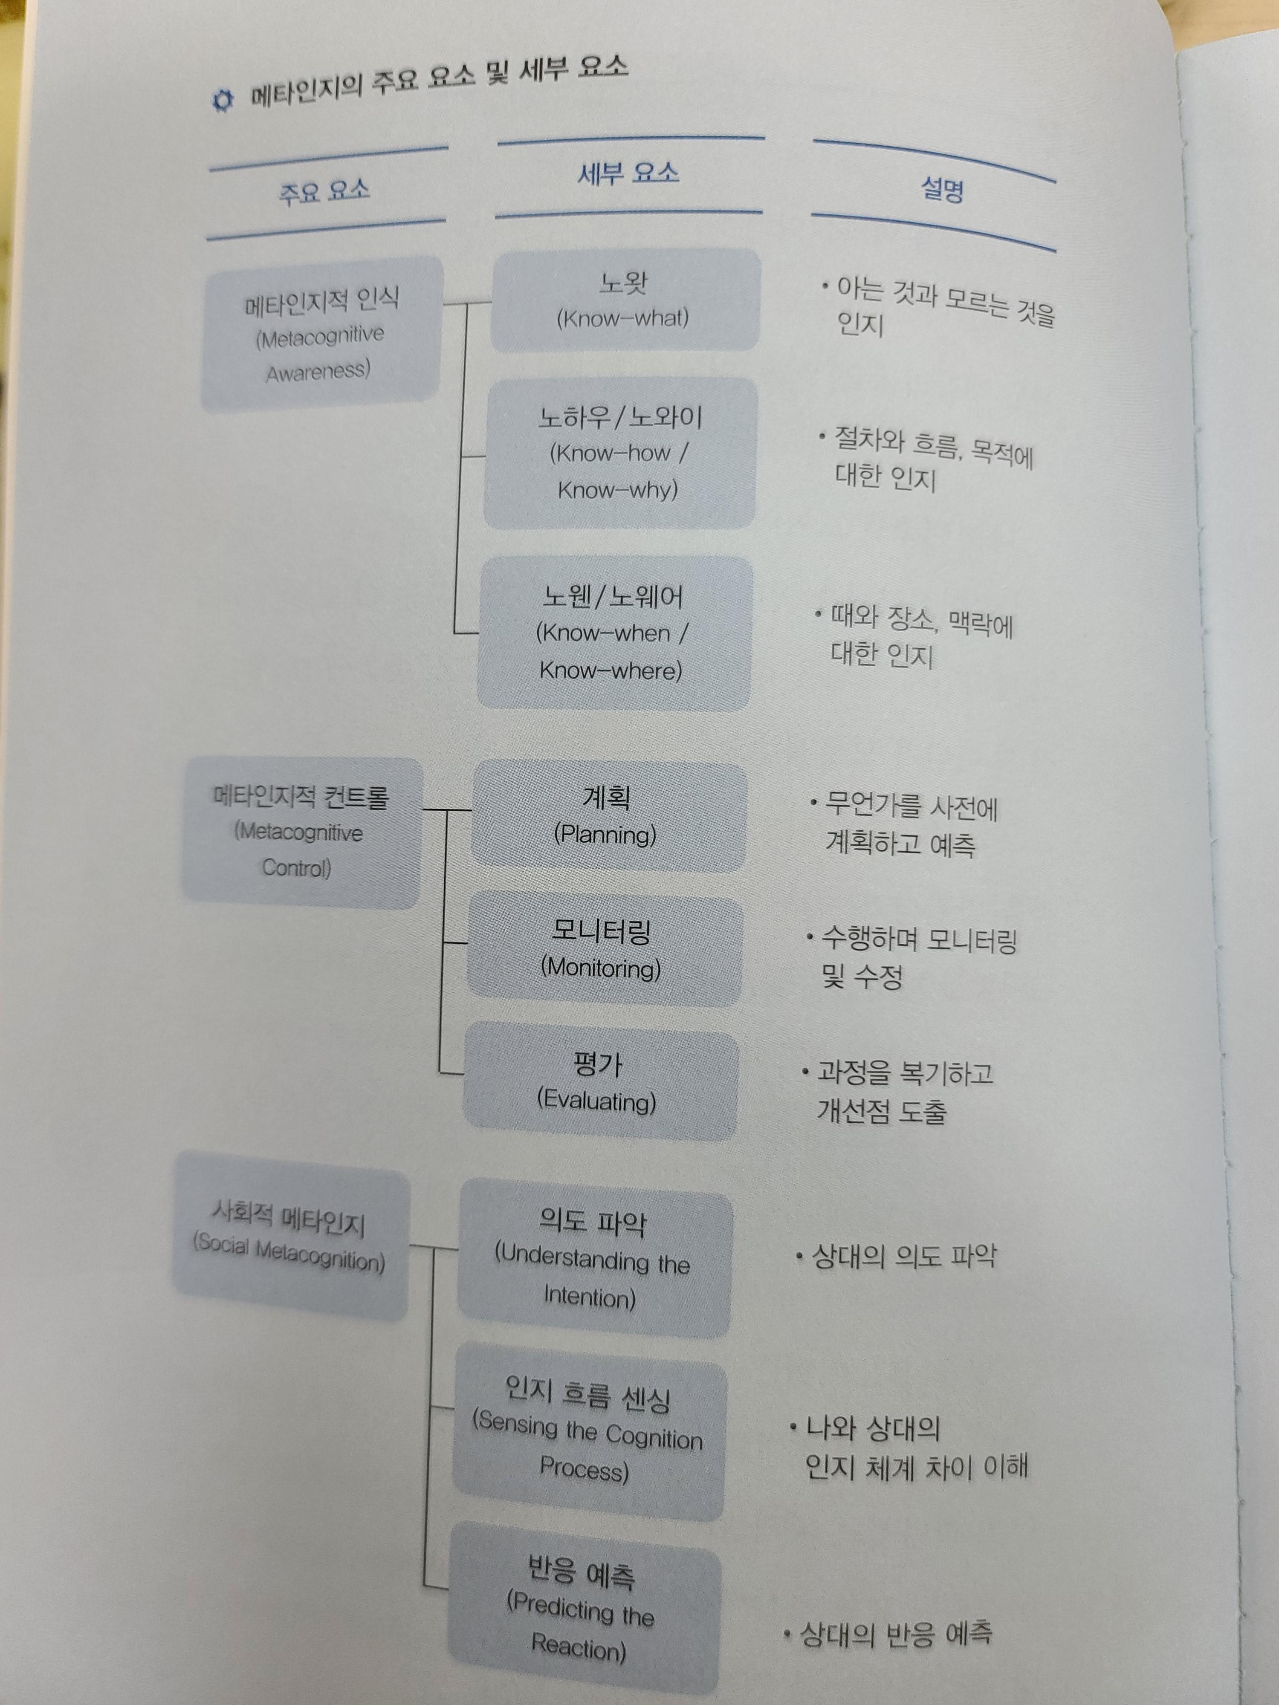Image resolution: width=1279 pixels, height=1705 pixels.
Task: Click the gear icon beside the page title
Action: pos(222,101)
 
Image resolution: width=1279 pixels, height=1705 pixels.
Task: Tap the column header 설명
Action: pos(942,190)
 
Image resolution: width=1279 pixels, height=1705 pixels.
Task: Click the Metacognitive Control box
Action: pos(301,832)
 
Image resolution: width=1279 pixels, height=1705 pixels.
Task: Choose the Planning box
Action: pos(608,817)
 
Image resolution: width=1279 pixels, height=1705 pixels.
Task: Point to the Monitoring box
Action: pos(603,951)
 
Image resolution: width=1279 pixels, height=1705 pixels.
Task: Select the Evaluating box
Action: pos(598,1084)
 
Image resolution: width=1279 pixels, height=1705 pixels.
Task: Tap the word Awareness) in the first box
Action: pos(318,372)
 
